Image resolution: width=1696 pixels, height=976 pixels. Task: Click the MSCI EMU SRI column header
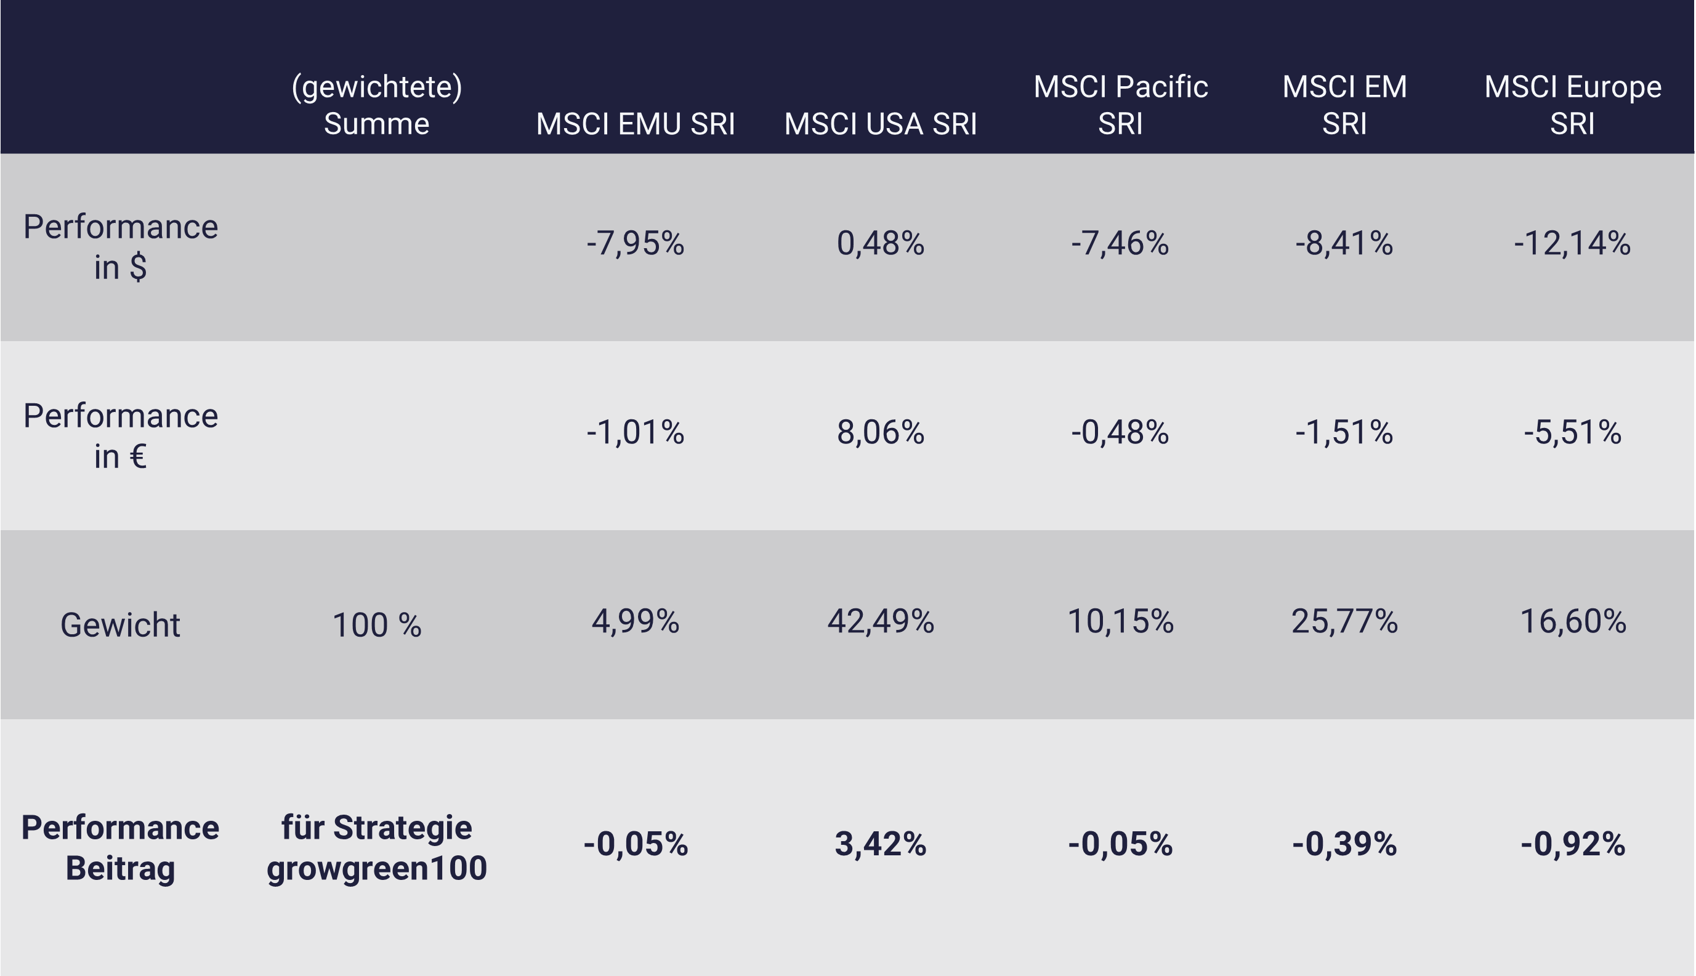click(x=635, y=124)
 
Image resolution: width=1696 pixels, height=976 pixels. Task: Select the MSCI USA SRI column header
click(x=880, y=124)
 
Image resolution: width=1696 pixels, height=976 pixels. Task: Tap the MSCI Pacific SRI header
click(x=1120, y=105)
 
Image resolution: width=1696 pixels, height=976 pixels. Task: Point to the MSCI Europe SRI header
click(x=1572, y=105)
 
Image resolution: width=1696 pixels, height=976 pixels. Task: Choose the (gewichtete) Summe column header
click(x=377, y=105)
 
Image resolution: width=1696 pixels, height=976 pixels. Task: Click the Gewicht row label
click(x=120, y=625)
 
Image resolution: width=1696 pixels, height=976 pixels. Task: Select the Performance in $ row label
click(x=121, y=247)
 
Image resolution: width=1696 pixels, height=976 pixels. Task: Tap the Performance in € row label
click(x=121, y=436)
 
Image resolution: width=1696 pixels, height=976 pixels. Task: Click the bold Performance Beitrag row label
click(x=121, y=847)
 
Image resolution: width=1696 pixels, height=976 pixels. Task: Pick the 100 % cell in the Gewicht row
click(x=377, y=625)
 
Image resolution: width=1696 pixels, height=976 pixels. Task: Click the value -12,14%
click(x=1572, y=243)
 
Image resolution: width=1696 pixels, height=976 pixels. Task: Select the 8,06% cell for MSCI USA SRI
click(x=880, y=432)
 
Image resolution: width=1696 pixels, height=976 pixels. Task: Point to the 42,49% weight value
click(x=880, y=621)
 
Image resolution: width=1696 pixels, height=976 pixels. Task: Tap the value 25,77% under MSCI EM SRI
click(x=1344, y=621)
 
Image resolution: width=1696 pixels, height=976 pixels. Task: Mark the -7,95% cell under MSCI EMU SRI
click(x=635, y=243)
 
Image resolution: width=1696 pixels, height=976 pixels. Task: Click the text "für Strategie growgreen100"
click(x=377, y=847)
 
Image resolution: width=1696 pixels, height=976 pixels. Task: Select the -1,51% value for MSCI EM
click(x=1344, y=432)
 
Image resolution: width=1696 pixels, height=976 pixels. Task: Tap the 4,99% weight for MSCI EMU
click(x=635, y=621)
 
